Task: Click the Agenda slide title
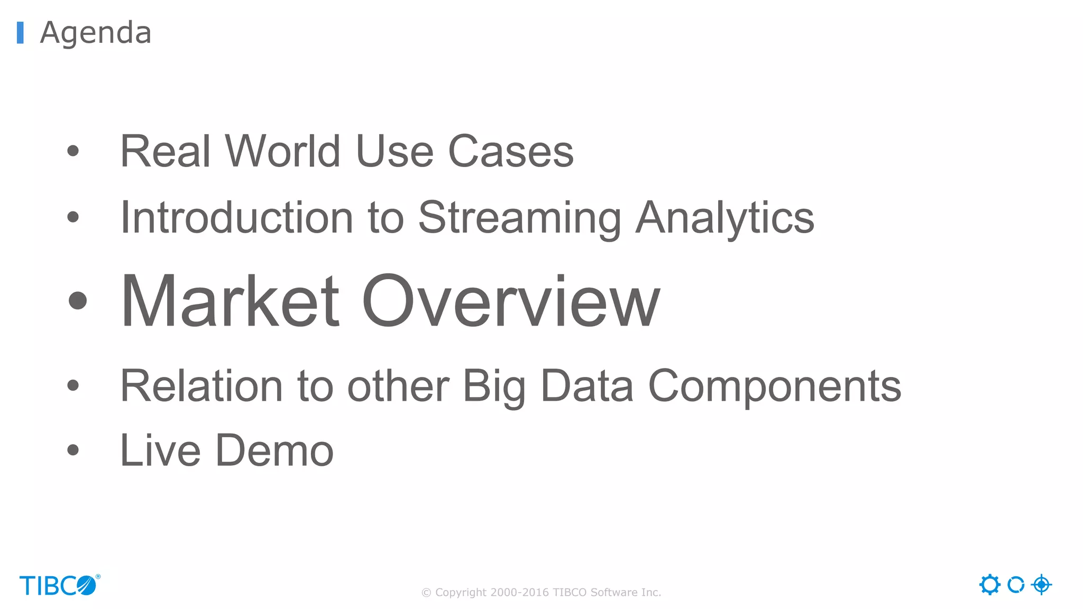96,33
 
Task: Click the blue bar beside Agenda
20,33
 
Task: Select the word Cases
510,151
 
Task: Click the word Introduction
236,217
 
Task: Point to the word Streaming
519,217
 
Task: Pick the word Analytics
724,217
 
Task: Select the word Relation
201,386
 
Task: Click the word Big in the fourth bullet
494,386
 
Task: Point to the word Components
774,386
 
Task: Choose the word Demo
274,450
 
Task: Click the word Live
160,450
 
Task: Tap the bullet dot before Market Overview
78,301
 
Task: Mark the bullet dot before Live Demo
73,450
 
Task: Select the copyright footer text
541,592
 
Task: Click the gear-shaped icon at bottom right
989,585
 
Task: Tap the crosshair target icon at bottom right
1041,585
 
